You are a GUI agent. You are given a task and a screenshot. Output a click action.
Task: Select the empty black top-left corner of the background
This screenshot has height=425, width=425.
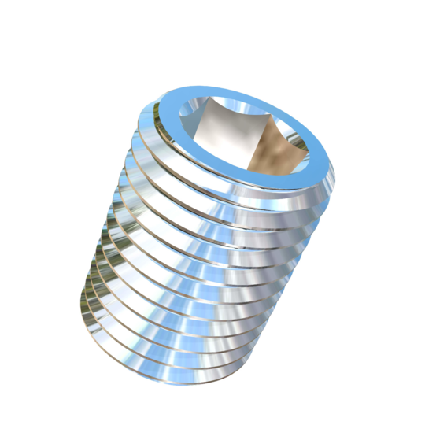coord(16,16)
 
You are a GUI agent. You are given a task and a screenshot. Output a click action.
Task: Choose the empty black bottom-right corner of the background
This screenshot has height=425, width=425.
coord(409,409)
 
